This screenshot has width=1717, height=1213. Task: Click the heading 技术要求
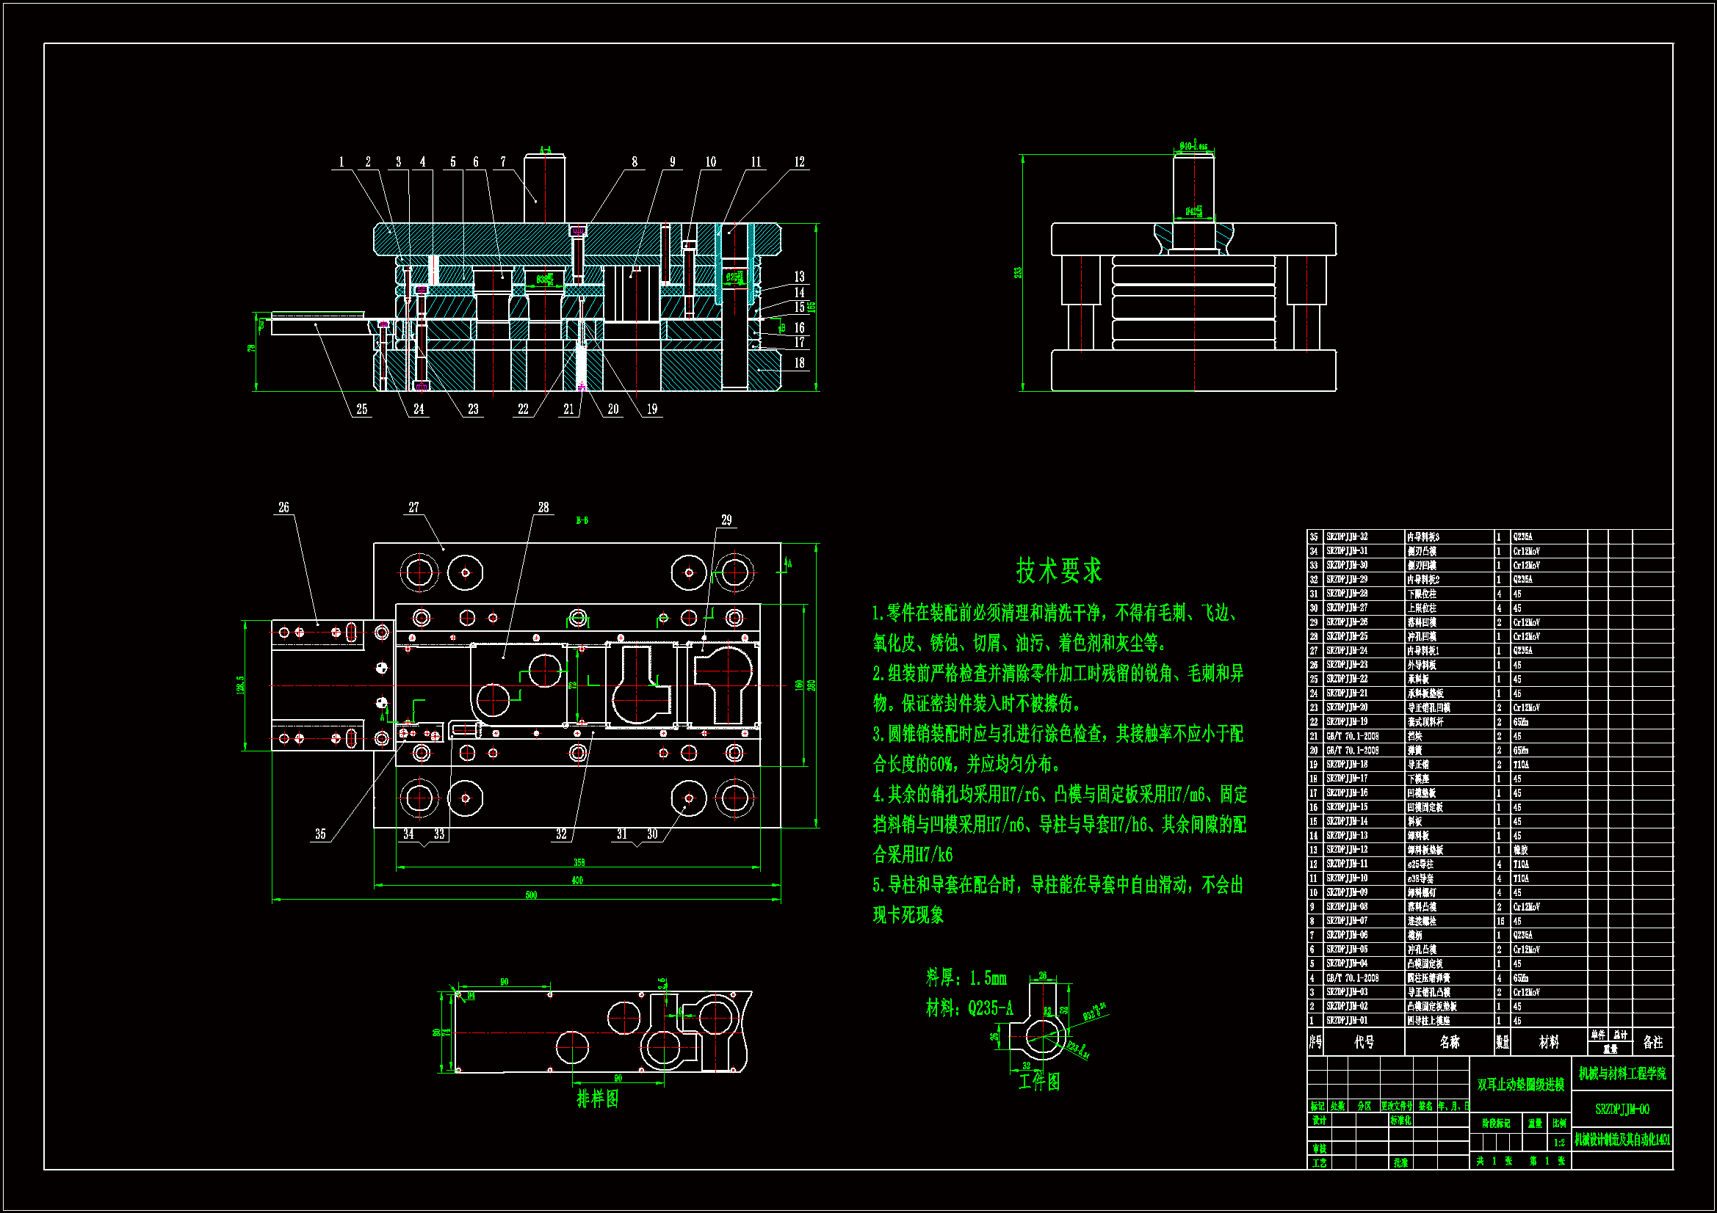[x=1058, y=570]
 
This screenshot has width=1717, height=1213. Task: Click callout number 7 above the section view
[x=503, y=162]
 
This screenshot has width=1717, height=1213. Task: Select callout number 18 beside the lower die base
[x=800, y=363]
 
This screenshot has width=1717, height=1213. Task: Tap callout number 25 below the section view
[x=362, y=409]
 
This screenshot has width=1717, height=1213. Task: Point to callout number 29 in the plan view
[x=726, y=520]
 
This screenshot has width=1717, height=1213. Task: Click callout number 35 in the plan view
[x=320, y=834]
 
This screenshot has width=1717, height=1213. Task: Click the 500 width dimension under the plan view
[x=531, y=895]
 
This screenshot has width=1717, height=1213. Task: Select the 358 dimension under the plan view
[x=579, y=862]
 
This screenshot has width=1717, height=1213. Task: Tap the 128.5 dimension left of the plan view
[x=240, y=684]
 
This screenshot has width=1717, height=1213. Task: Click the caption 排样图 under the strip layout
[x=598, y=1099]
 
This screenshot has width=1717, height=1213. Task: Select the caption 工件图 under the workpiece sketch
[x=1039, y=1082]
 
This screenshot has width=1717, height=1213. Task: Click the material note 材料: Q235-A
[x=969, y=1008]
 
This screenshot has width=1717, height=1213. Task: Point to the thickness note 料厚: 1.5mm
[x=966, y=977]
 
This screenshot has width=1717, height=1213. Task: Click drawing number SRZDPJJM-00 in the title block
[x=1622, y=1109]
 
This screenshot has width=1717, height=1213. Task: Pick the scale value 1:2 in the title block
[x=1559, y=1142]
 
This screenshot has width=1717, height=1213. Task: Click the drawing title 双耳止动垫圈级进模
[x=1520, y=1085]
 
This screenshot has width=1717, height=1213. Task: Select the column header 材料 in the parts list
[x=1549, y=1042]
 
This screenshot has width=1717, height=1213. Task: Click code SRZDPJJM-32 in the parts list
[x=1347, y=536]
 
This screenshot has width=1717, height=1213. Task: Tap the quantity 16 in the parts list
[x=1500, y=921]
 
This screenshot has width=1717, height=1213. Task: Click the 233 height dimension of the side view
[x=1018, y=273]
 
